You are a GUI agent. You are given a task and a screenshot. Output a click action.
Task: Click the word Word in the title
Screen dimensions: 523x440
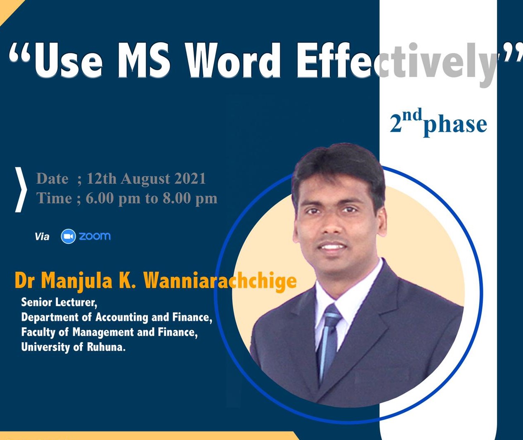coord(234,61)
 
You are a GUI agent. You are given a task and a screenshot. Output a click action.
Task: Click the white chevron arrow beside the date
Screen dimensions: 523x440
coord(21,190)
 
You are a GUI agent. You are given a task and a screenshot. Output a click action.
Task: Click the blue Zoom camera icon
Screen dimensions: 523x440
coord(68,236)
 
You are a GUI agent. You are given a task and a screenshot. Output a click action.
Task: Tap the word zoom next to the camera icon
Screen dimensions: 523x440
coord(95,236)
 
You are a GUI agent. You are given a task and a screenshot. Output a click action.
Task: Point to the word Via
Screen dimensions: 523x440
coord(42,237)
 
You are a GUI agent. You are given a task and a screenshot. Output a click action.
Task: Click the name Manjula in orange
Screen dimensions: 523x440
coord(76,281)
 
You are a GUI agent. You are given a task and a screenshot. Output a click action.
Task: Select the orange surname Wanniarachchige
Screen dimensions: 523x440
coord(220,281)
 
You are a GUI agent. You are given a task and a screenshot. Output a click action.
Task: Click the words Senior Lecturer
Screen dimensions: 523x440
coord(59,302)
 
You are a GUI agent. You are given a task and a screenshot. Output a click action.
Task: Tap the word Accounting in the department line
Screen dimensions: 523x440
coord(122,318)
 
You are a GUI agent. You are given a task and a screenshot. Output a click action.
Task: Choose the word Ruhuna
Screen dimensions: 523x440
coord(106,347)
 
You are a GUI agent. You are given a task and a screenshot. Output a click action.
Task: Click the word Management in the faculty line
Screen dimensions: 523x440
coord(103,333)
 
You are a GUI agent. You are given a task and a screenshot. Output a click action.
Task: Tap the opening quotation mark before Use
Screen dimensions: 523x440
coord(21,53)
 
